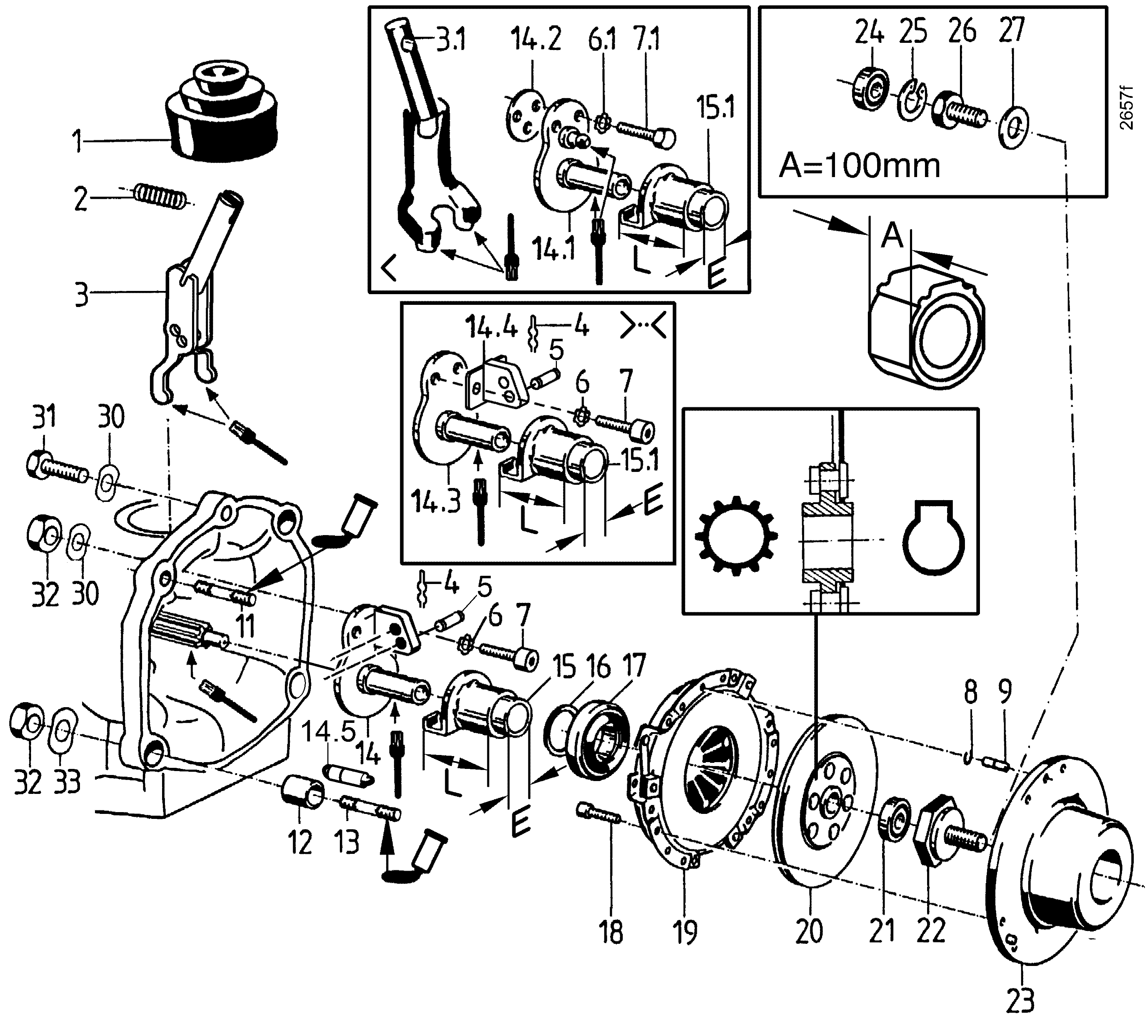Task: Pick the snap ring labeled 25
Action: (x=914, y=99)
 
